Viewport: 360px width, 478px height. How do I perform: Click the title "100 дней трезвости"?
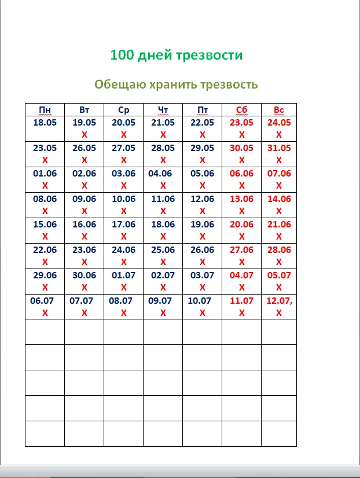point(176,56)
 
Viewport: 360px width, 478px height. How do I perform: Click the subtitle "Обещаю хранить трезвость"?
point(176,84)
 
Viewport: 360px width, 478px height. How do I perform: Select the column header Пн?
point(45,110)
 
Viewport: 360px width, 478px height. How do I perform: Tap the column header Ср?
point(123,110)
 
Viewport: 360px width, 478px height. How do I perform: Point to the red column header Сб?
point(241,110)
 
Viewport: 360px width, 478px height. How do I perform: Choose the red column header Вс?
point(279,110)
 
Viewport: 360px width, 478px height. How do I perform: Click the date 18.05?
point(45,123)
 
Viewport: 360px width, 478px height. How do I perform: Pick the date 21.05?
point(163,123)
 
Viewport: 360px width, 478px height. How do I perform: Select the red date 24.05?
point(279,123)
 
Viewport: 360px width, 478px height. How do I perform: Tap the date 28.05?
point(163,148)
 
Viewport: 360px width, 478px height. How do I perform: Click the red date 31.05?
point(279,148)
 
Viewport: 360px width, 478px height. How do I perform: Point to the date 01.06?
point(45,174)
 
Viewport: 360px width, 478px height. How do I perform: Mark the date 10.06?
point(123,199)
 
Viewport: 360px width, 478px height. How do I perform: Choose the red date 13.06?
point(241,199)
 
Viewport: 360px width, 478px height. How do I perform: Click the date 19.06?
point(202,225)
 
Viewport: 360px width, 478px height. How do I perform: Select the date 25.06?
point(163,250)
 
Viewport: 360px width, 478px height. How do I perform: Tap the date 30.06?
point(84,275)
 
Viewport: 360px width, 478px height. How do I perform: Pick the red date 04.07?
point(241,275)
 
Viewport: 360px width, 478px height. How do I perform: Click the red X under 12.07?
point(279,312)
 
